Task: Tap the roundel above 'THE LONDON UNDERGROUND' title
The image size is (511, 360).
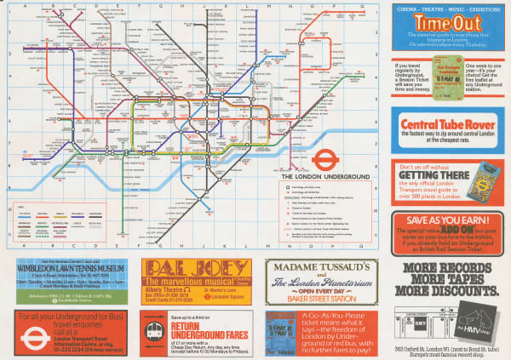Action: click(323, 159)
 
